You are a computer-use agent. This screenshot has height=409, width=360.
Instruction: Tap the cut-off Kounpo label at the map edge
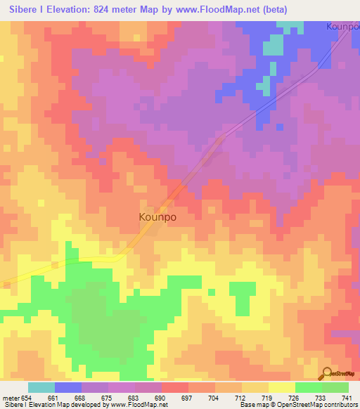343,27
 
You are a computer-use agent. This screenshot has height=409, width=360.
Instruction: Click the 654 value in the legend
26,397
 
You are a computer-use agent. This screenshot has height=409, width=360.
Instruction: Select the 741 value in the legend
347,397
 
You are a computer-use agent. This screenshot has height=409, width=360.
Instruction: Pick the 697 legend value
187,397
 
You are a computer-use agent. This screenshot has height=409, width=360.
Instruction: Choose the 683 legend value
134,397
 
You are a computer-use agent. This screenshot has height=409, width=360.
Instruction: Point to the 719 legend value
267,397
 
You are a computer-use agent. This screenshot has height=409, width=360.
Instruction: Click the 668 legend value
80,397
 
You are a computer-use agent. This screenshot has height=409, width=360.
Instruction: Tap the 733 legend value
321,397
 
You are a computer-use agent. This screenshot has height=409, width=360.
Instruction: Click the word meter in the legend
9,397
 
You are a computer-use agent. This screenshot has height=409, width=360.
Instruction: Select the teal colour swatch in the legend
41,387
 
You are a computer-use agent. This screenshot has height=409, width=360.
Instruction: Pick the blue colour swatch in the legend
67,387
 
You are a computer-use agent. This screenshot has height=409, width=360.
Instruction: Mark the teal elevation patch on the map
272,46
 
